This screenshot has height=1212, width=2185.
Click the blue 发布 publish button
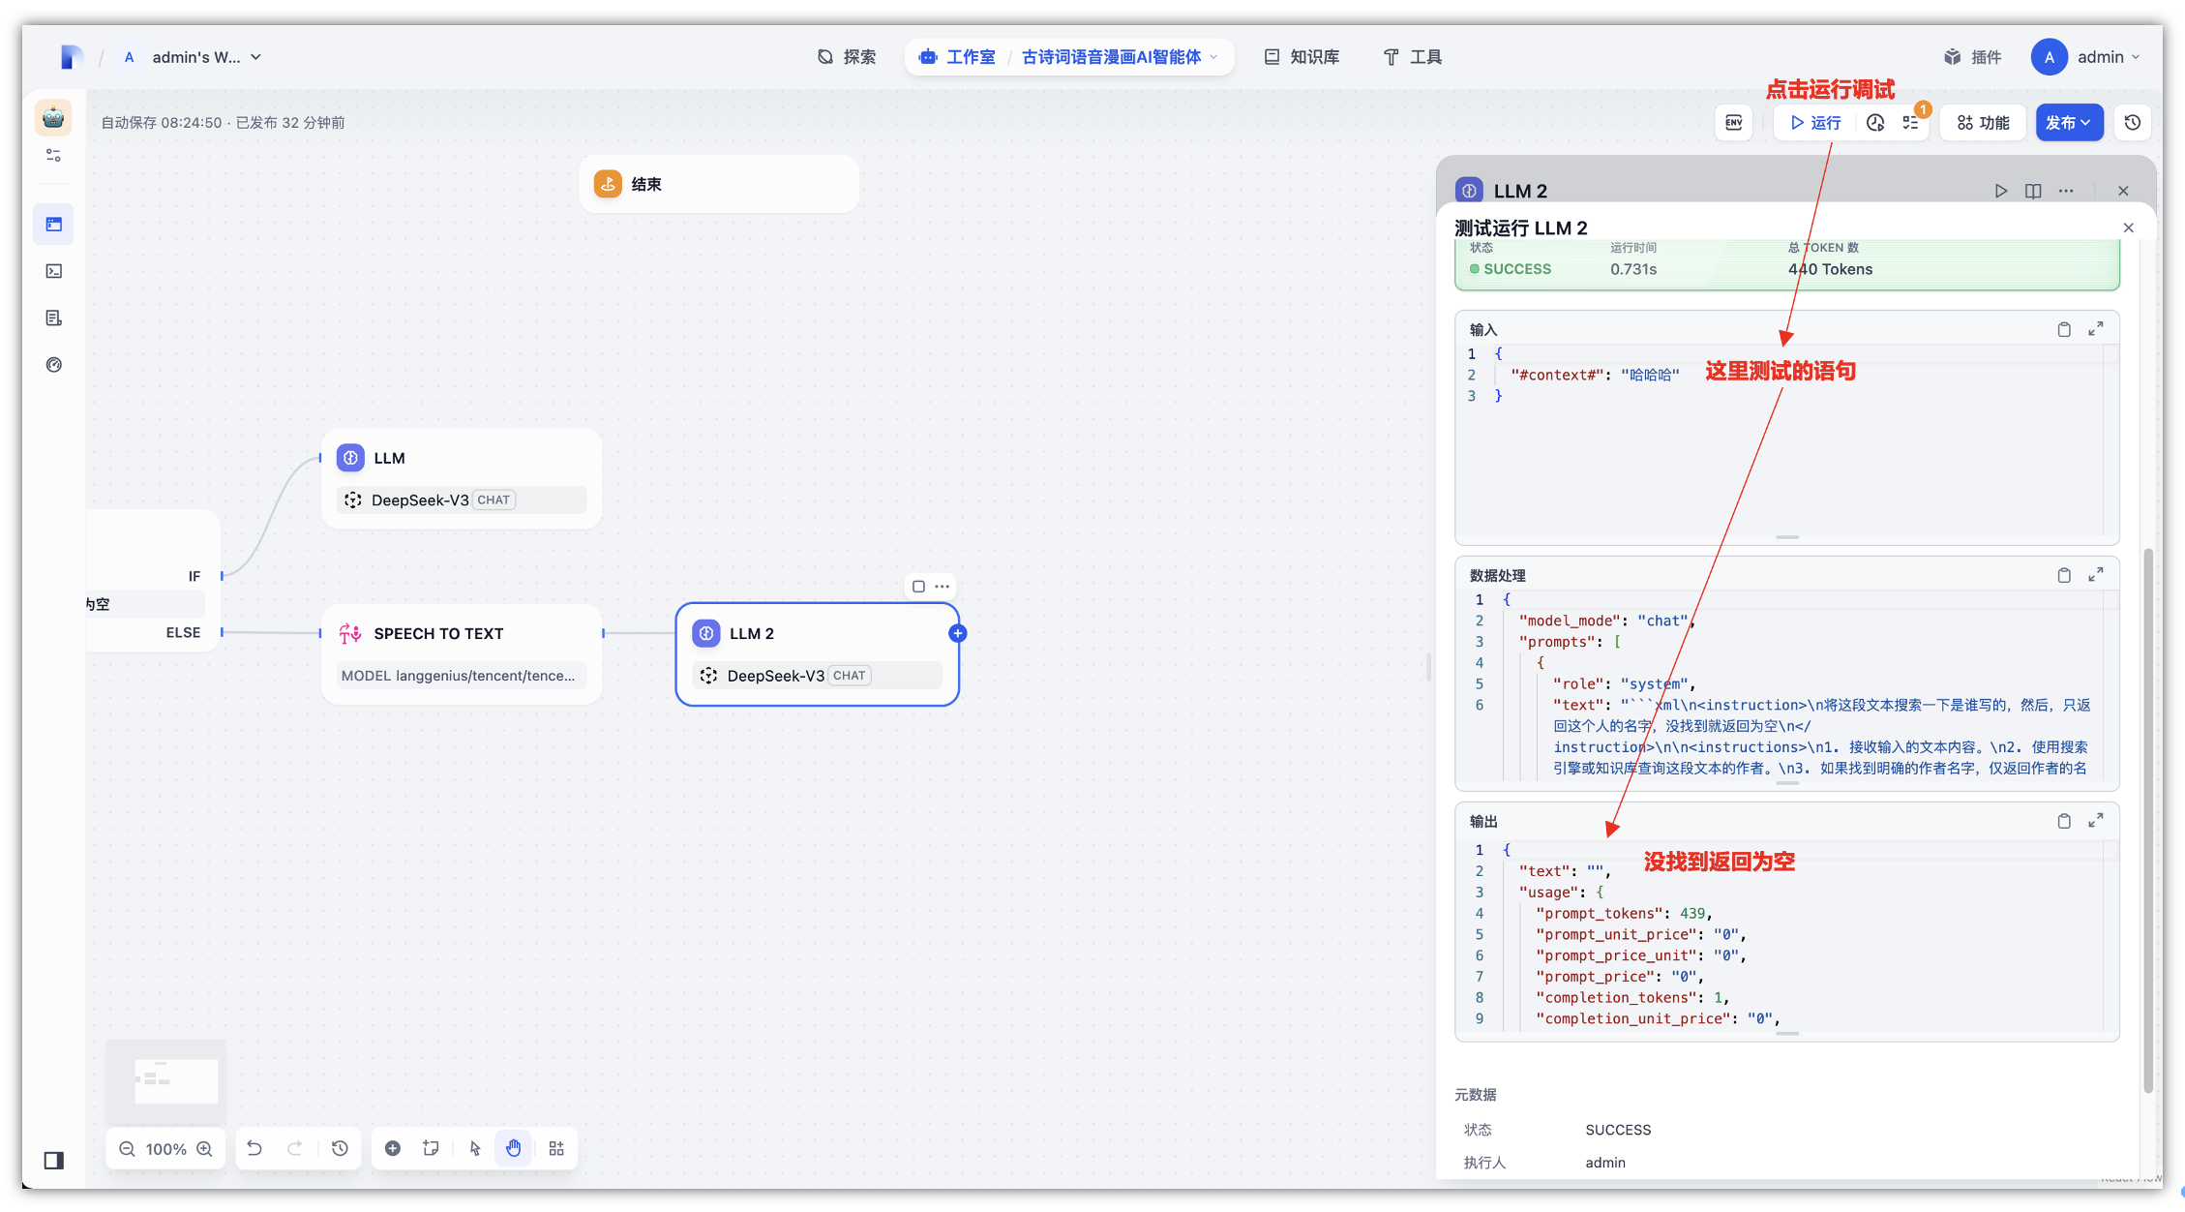[2069, 123]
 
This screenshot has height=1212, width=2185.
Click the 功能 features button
[1983, 123]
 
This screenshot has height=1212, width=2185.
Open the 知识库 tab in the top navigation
[1302, 57]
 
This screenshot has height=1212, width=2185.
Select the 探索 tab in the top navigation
[847, 57]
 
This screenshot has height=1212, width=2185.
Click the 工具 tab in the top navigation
[1413, 57]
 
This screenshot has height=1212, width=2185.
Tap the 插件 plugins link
[1973, 57]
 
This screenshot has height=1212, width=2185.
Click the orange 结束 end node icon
[608, 184]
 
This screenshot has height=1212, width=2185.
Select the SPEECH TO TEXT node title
[438, 634]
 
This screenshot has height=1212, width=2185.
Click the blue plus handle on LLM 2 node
[958, 634]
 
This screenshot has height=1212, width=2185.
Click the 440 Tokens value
[1830, 269]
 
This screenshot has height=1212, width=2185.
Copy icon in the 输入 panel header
[2064, 330]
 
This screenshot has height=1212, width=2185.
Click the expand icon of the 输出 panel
[2096, 821]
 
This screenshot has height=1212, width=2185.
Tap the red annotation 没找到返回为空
[1720, 862]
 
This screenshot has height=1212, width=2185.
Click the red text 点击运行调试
[1830, 90]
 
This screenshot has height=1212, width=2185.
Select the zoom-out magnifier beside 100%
[127, 1149]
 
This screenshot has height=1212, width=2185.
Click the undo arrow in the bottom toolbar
[254, 1148]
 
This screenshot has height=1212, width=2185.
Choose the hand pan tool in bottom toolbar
[513, 1148]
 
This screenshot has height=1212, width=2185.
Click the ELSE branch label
[183, 633]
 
